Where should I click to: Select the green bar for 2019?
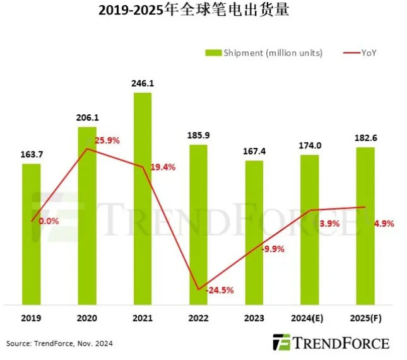(32, 233)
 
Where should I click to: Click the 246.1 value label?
(143, 83)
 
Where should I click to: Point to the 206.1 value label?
(87, 117)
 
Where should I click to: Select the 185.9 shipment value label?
(198, 135)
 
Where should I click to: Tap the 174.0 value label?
(310, 145)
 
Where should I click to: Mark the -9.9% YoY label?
(272, 249)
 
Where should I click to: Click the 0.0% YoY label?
(49, 221)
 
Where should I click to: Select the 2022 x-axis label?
(198, 318)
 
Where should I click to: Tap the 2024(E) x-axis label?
(310, 318)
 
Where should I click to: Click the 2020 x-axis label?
(87, 318)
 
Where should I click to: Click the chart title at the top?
(203, 11)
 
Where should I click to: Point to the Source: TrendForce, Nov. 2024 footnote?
(60, 343)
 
